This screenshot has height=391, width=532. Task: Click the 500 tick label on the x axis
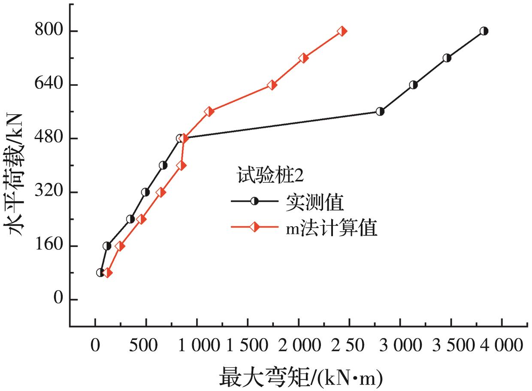point(145,346)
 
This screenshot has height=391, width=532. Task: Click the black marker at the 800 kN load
point(484,31)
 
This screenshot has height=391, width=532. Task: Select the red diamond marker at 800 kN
point(342,31)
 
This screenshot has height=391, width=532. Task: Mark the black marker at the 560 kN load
point(380,112)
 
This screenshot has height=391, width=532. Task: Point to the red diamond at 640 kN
point(272,85)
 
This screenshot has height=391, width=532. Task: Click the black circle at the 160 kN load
point(107,246)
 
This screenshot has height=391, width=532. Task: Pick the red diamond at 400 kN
point(181,165)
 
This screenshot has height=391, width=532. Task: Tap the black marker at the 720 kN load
point(447,58)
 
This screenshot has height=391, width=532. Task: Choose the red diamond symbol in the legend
point(254,227)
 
